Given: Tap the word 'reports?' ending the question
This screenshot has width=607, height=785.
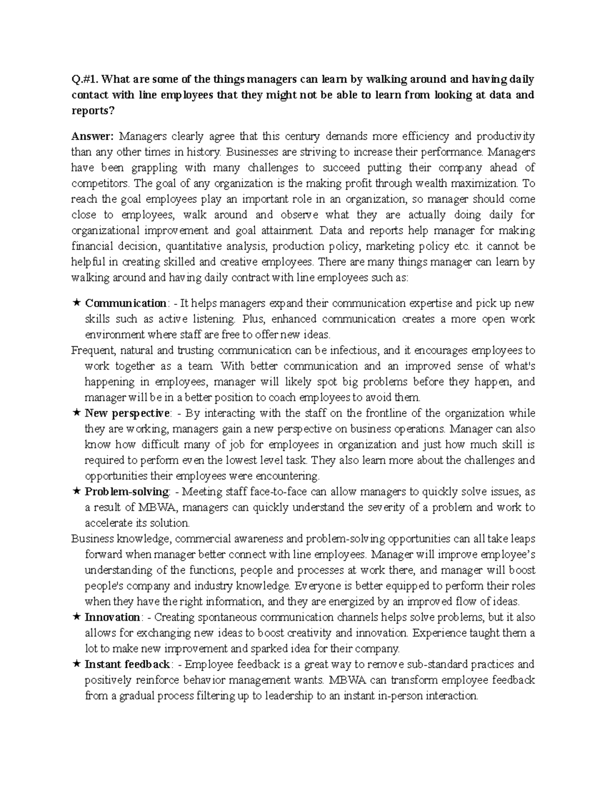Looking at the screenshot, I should coord(90,111).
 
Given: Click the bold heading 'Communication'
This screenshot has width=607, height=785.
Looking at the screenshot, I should coord(125,303).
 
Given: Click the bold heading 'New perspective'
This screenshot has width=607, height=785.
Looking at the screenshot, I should coord(127,413).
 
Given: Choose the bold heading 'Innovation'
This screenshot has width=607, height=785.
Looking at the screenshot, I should coord(112,617).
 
